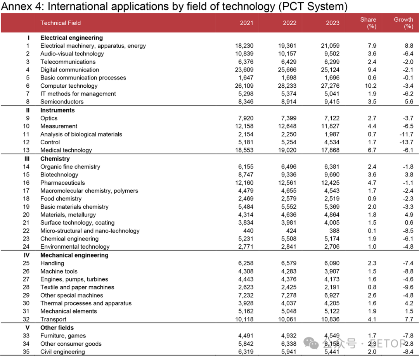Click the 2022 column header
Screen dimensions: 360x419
pyautogui.click(x=289, y=23)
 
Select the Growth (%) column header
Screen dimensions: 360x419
pyautogui.click(x=403, y=23)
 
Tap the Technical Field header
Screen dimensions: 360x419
pyautogui.click(x=61, y=23)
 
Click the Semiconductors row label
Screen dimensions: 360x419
pyautogui.click(x=62, y=102)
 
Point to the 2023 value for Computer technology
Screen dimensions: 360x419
pyautogui.click(x=330, y=86)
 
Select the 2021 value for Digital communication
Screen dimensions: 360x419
pyautogui.click(x=244, y=70)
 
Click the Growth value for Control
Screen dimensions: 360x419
pyautogui.click(x=406, y=142)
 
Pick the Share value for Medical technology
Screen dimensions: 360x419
pyautogui.click(x=372, y=150)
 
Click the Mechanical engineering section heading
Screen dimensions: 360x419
pyautogui.click(x=74, y=255)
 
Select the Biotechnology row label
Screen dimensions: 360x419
pyautogui.click(x=59, y=175)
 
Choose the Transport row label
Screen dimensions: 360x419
pyautogui.click(x=53, y=319)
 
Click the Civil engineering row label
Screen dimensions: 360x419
pyautogui.click(x=62, y=352)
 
